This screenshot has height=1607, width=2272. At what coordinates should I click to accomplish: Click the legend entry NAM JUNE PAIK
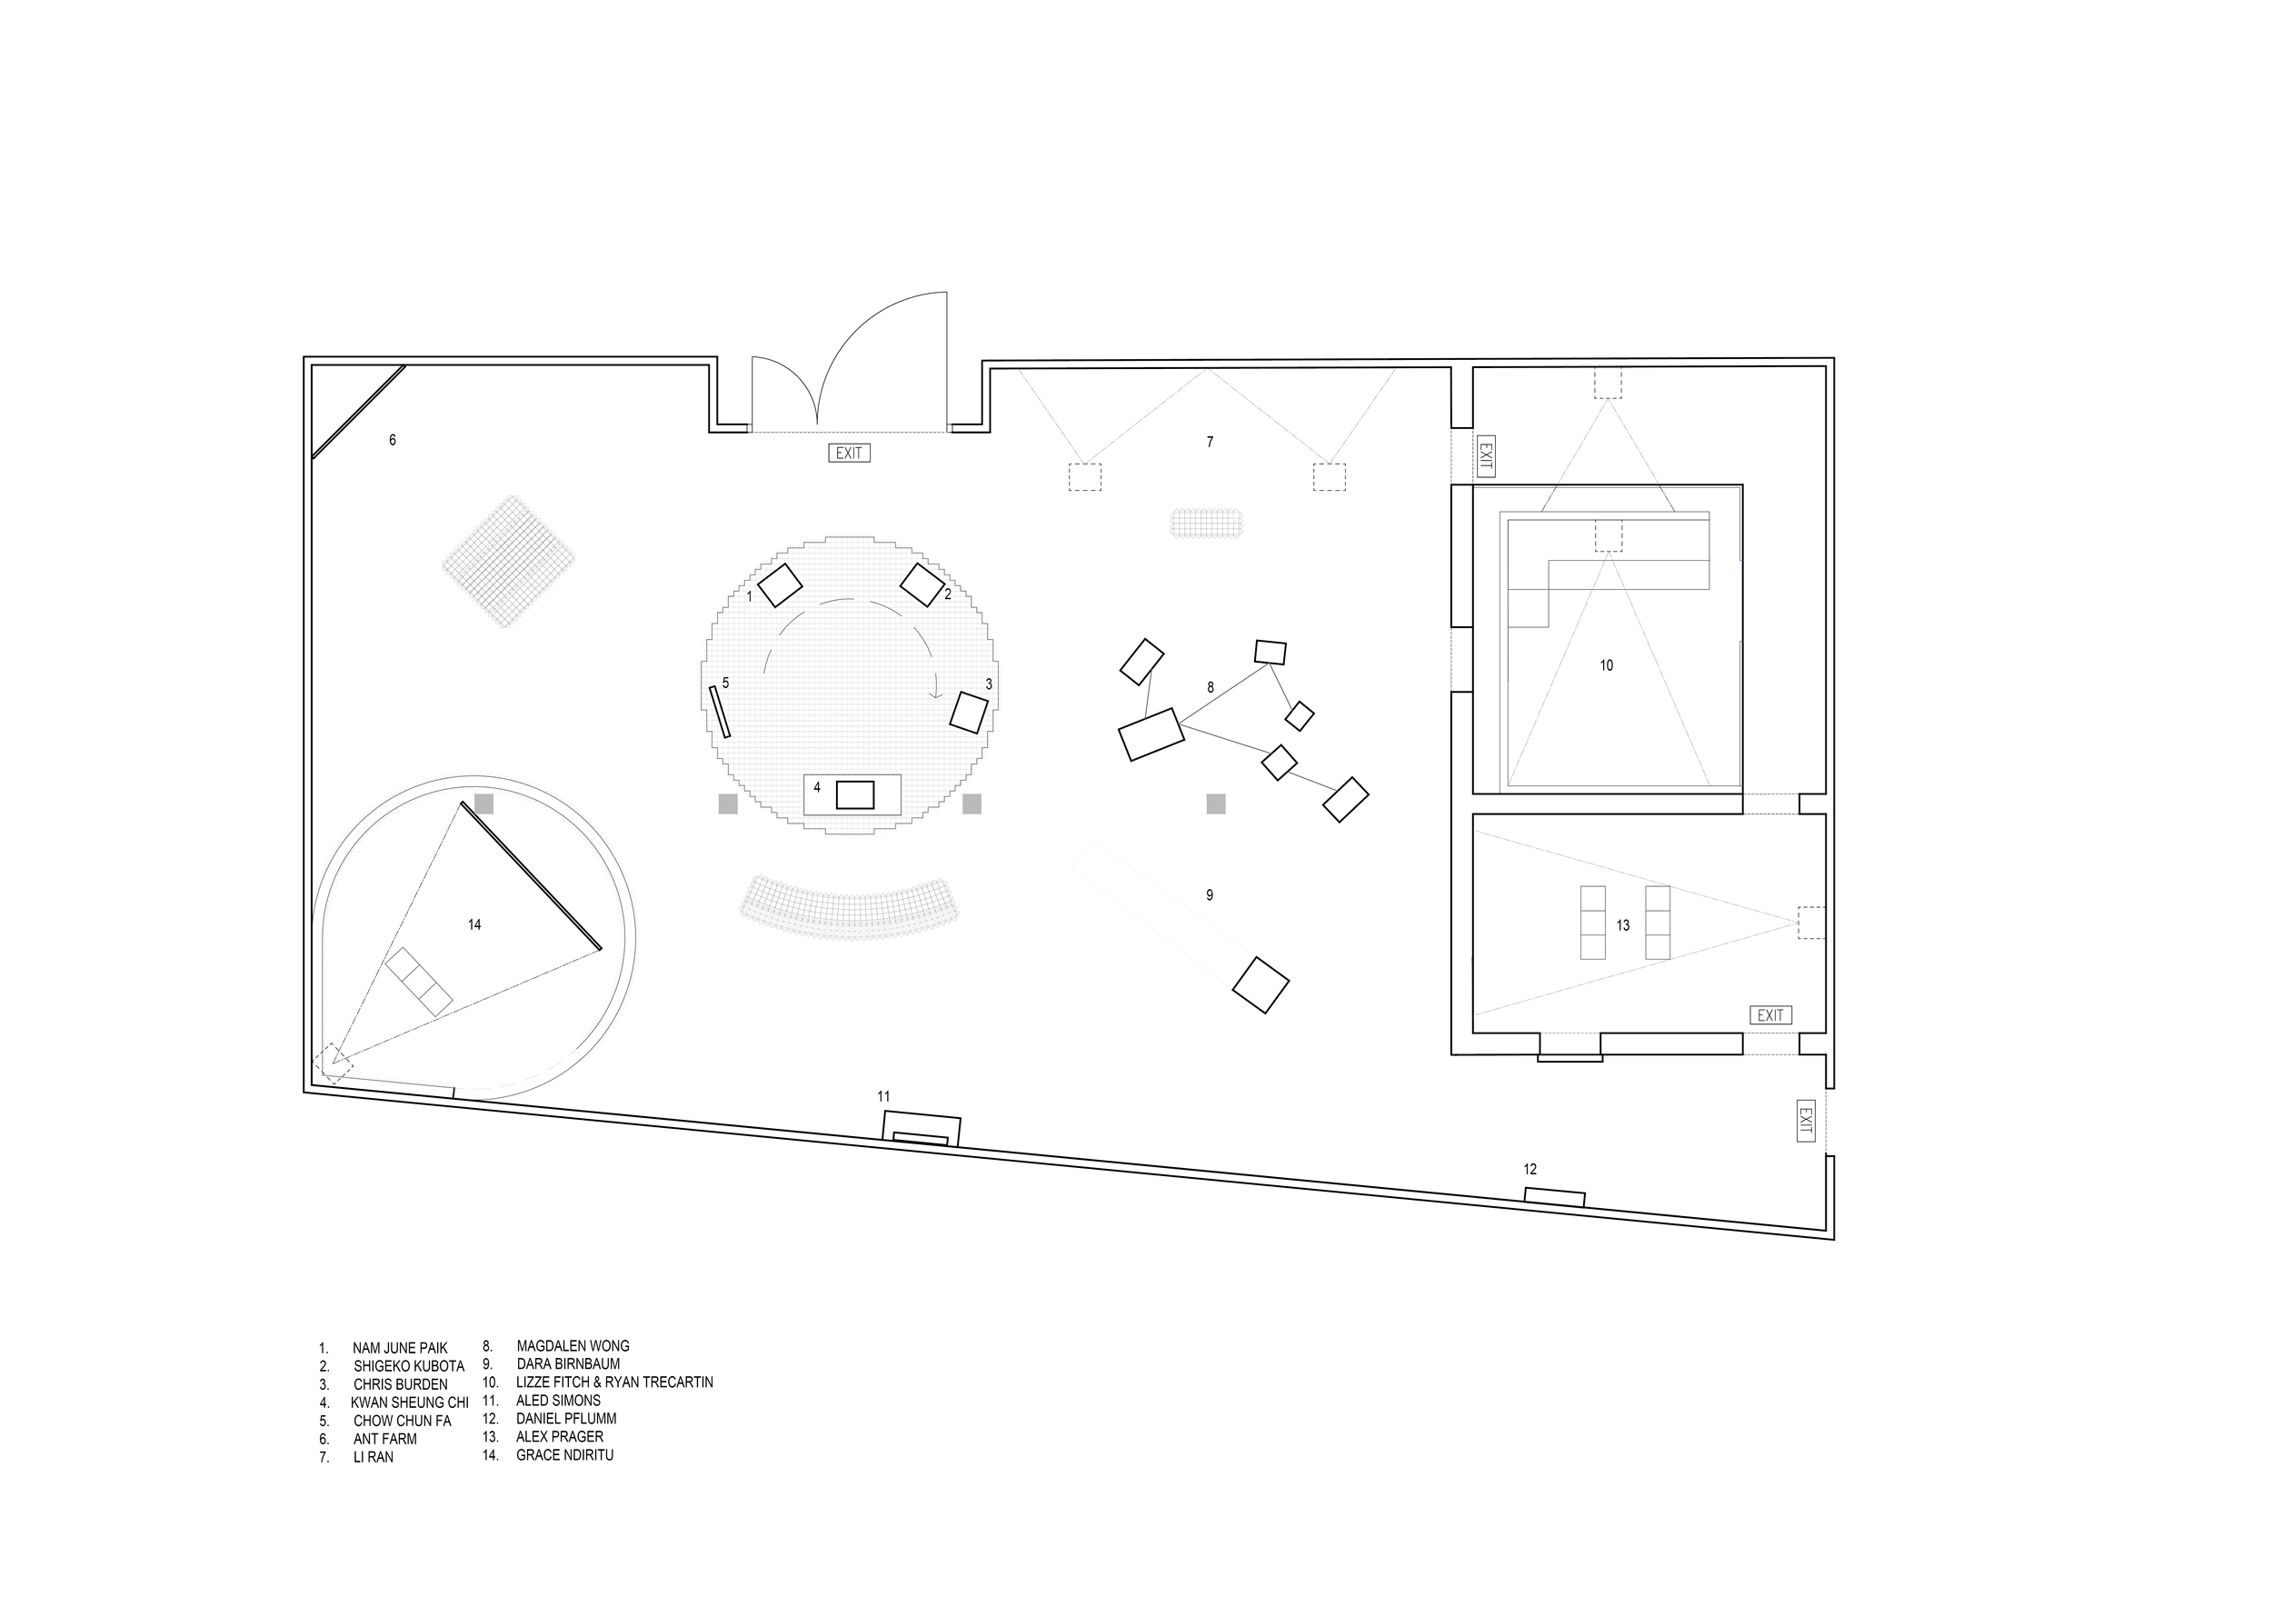tap(400, 1348)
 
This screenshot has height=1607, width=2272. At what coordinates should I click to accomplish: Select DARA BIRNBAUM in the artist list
tap(568, 1363)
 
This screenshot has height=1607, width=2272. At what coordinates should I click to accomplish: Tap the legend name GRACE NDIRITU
tap(564, 1455)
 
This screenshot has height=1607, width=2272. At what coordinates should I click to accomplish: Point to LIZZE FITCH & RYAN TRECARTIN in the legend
tap(613, 1382)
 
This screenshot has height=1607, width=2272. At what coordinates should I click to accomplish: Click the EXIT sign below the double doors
tap(849, 454)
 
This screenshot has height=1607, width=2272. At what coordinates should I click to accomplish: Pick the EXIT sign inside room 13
tap(1770, 1015)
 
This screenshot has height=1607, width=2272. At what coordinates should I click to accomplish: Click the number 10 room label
tap(1606, 666)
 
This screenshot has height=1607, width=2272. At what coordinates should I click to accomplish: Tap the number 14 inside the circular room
tap(474, 925)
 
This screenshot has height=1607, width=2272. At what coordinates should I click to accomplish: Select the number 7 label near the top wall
tap(1210, 443)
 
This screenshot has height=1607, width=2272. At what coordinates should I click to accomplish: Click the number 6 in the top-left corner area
tap(392, 440)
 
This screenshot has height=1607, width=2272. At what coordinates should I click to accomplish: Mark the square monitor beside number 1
tap(780, 584)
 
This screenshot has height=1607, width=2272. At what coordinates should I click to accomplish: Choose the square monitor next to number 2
tap(922, 584)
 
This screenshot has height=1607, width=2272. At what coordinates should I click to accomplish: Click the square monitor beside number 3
tap(969, 713)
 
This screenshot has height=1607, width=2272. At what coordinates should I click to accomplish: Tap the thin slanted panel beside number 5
tap(720, 712)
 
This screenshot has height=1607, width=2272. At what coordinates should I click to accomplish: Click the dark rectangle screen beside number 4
tap(855, 794)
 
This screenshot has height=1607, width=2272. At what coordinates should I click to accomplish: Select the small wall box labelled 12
tap(1553, 1197)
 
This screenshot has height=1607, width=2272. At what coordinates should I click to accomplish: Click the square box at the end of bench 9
tap(1261, 984)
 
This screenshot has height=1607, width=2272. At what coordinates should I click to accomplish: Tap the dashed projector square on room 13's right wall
tap(1811, 923)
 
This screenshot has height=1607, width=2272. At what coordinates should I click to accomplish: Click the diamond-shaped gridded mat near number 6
tap(509, 561)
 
